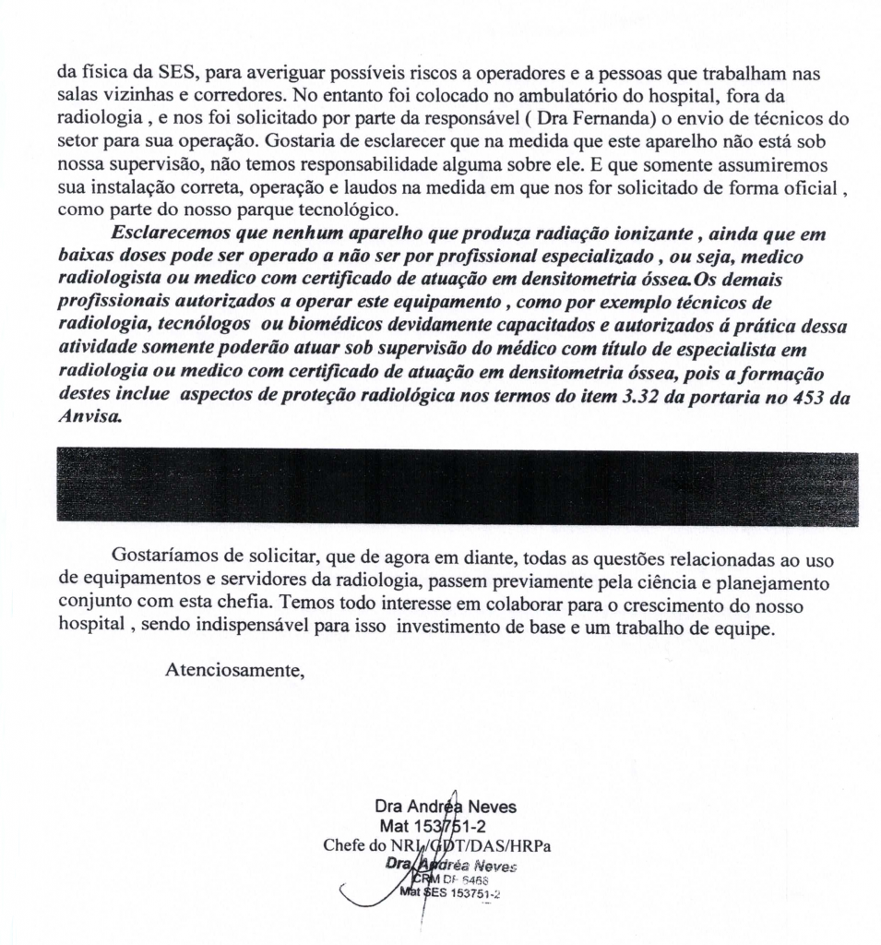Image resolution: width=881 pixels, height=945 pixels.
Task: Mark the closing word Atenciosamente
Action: (234, 669)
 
